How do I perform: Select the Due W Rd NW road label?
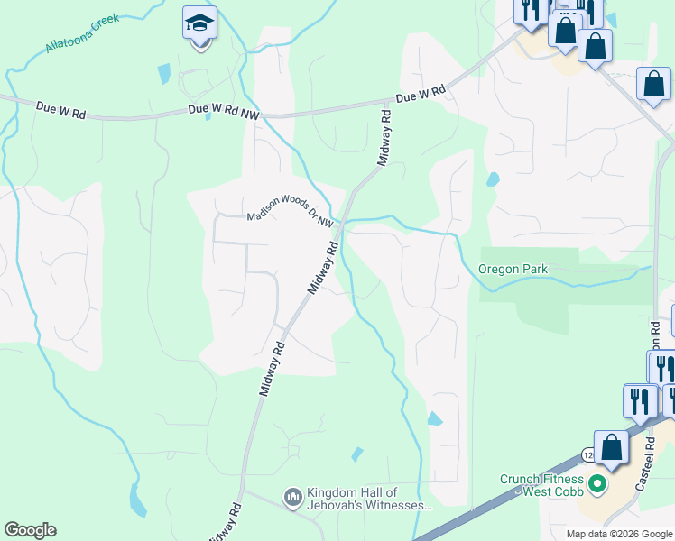click(223, 110)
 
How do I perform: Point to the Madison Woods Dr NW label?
click(291, 217)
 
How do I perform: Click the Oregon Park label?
click(513, 269)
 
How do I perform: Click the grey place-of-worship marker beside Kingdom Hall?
click(292, 497)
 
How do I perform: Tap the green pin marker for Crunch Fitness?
click(596, 485)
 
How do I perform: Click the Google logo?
click(30, 530)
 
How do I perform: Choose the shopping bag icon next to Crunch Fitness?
click(611, 448)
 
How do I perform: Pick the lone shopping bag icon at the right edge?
click(652, 86)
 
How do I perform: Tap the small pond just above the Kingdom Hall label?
click(357, 454)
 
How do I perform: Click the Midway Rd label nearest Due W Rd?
click(385, 137)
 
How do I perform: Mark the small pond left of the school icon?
click(163, 74)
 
